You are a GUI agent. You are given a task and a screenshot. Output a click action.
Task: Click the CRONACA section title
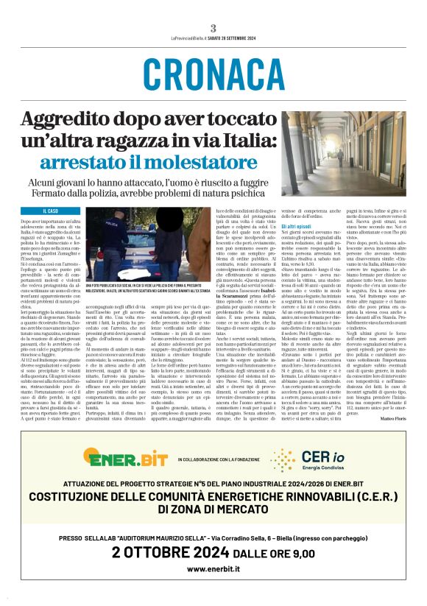(213, 74)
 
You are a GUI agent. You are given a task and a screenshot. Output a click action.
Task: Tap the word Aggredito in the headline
(70, 119)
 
